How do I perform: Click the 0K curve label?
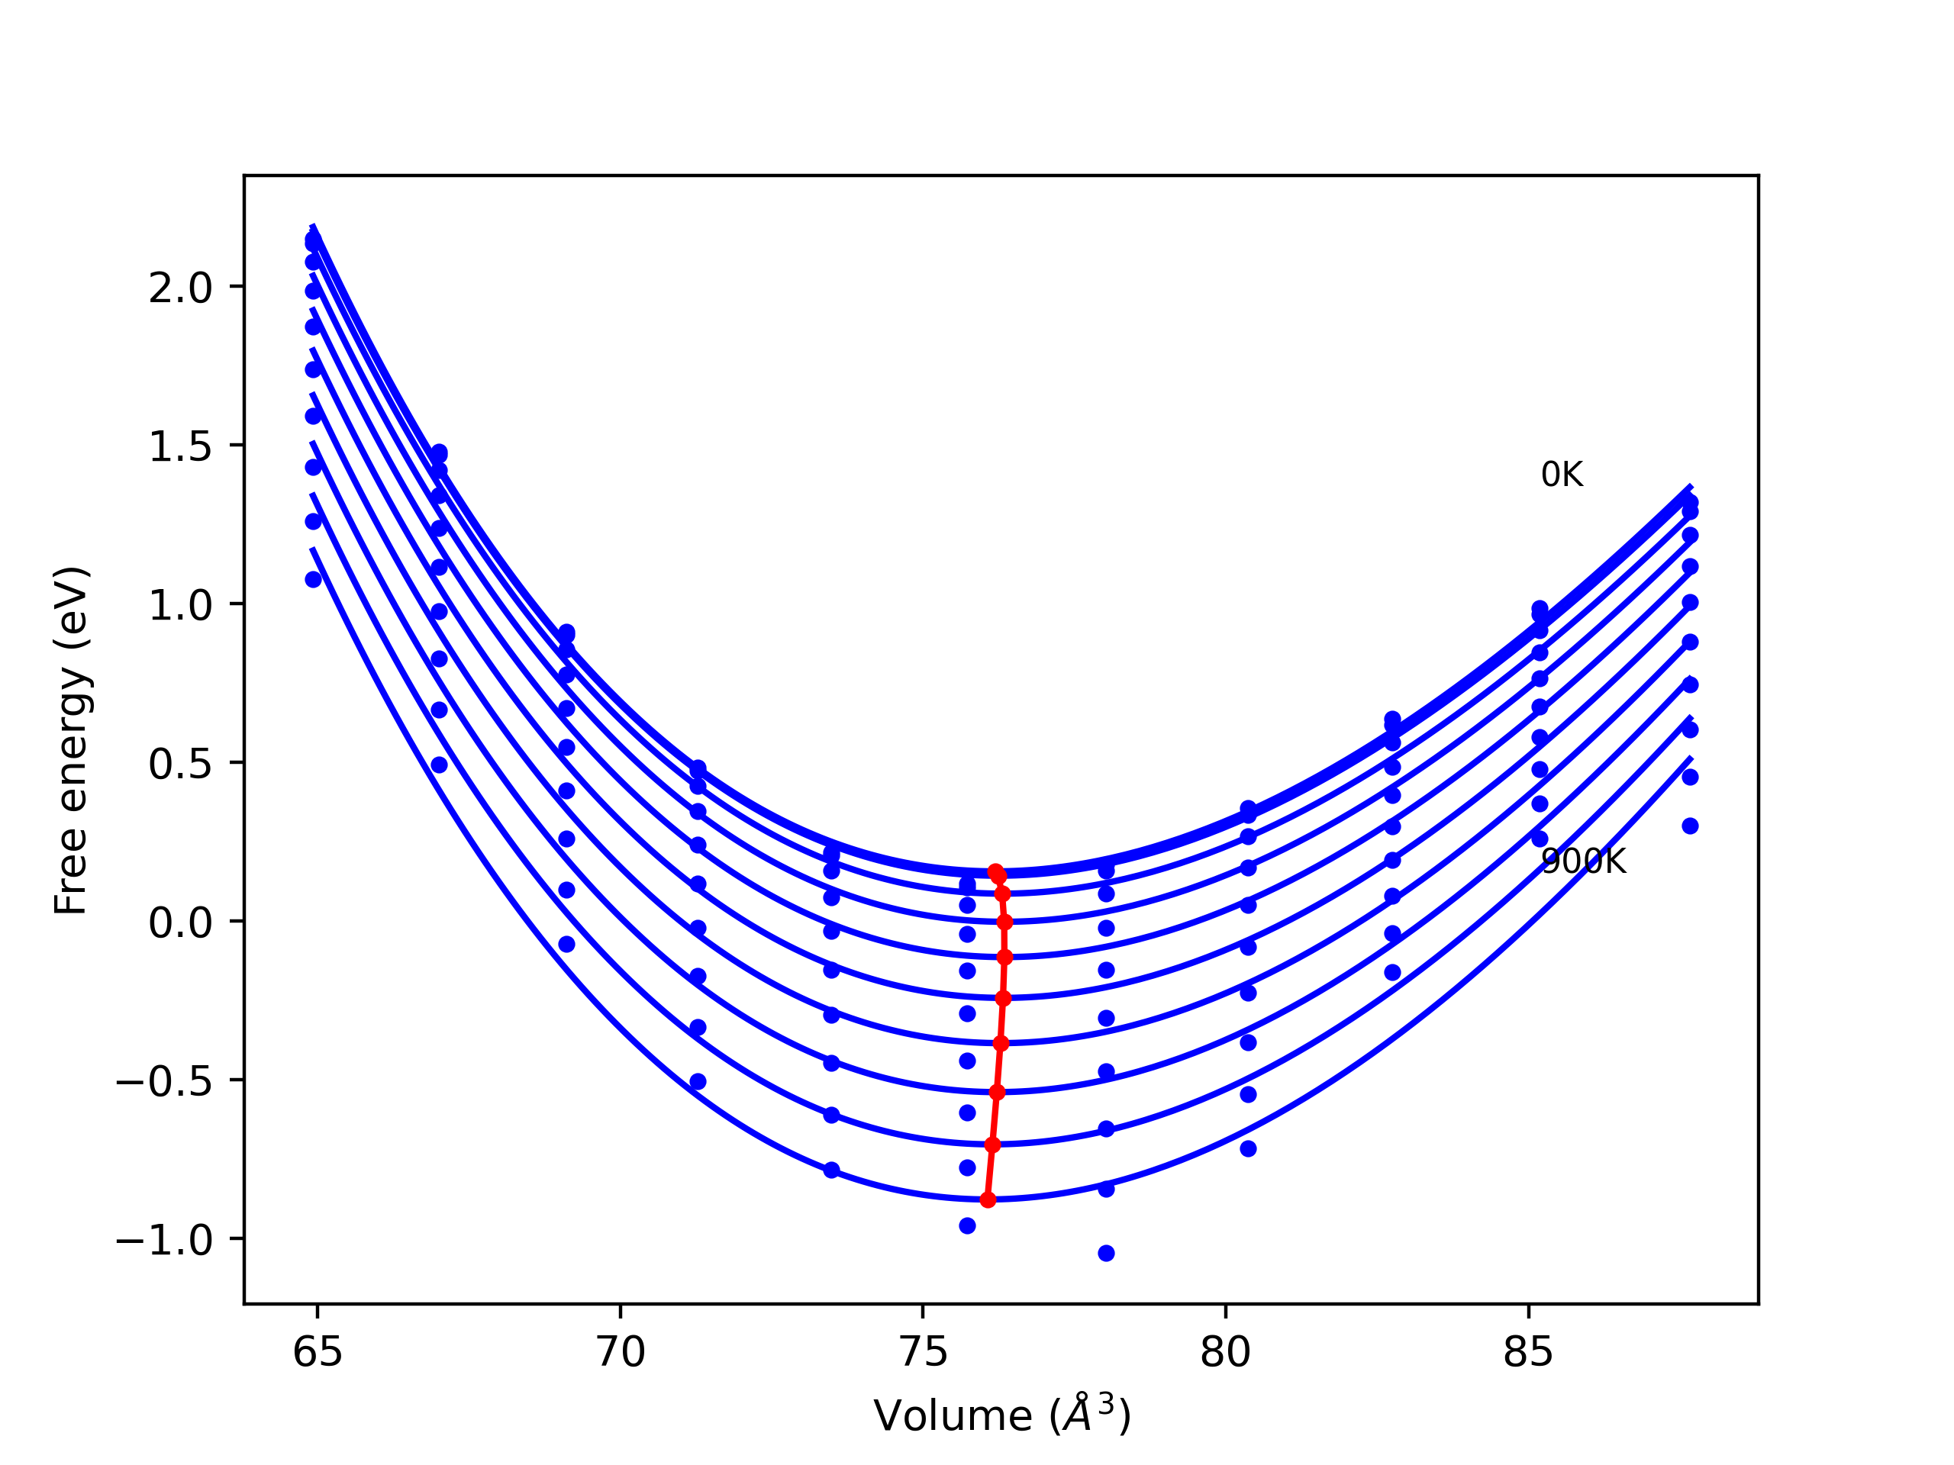click(1562, 475)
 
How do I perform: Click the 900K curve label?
click(1583, 862)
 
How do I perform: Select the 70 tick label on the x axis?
click(620, 1352)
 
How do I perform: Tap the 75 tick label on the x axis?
click(923, 1352)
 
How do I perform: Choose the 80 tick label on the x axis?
click(1225, 1352)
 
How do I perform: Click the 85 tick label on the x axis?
click(1528, 1352)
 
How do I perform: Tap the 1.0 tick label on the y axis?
click(180, 606)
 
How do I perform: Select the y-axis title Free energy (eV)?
click(71, 740)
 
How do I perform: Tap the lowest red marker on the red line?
click(988, 1200)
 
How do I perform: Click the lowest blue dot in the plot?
click(1106, 1253)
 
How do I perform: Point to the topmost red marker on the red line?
click(995, 871)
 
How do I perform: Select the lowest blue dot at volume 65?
click(314, 579)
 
